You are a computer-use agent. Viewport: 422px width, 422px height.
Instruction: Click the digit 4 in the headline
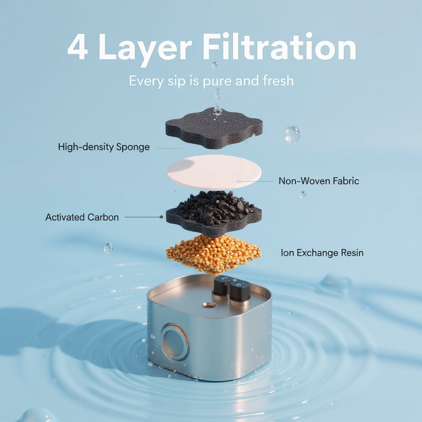coord(77,47)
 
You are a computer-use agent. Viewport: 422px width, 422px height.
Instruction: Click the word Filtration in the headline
coord(280,46)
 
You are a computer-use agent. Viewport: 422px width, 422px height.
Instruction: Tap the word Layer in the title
coord(145,50)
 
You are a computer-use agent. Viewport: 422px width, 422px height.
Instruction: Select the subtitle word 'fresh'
coord(278,80)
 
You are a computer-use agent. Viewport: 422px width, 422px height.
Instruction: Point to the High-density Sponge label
coord(104,147)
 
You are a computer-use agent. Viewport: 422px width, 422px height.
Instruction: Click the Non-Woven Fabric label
coord(319,181)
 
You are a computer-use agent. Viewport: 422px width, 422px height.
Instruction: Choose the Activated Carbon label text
coord(82,217)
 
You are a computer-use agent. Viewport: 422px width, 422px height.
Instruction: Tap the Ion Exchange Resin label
coord(322,253)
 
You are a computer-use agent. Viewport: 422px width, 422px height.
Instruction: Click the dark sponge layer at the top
coord(214,129)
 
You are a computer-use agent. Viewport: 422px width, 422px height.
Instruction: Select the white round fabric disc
coord(214,172)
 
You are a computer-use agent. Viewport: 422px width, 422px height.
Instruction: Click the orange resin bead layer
coord(213,254)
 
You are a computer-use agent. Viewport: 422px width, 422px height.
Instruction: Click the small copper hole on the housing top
coord(209,305)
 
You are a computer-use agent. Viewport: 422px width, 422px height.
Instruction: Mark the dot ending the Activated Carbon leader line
coord(161,217)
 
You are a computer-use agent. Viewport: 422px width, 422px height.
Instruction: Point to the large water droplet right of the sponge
coord(292,134)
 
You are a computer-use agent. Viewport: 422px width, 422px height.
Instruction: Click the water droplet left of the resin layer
coord(108,248)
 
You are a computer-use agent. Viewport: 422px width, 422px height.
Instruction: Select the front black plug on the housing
coord(240,293)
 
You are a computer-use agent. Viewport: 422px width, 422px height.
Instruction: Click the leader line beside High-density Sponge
coord(171,148)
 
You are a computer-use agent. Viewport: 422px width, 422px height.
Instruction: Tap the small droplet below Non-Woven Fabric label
coord(303,195)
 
